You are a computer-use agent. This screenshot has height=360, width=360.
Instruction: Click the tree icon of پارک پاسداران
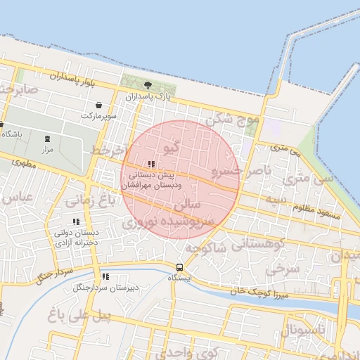[x=147, y=85]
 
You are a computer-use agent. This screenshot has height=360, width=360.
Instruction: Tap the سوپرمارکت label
[x=97, y=115]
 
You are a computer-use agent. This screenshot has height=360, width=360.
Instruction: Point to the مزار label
[x=47, y=149]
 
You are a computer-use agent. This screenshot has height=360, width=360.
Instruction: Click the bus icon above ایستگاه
[x=180, y=267]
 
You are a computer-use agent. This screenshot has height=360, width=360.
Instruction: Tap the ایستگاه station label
[x=180, y=278]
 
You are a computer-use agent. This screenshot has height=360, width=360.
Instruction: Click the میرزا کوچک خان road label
[x=251, y=290]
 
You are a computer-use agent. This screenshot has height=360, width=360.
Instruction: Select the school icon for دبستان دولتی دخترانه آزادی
[x=77, y=222]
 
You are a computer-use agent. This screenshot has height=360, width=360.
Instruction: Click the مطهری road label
[x=23, y=162]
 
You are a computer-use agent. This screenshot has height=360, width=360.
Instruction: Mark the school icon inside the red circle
[x=152, y=164]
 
